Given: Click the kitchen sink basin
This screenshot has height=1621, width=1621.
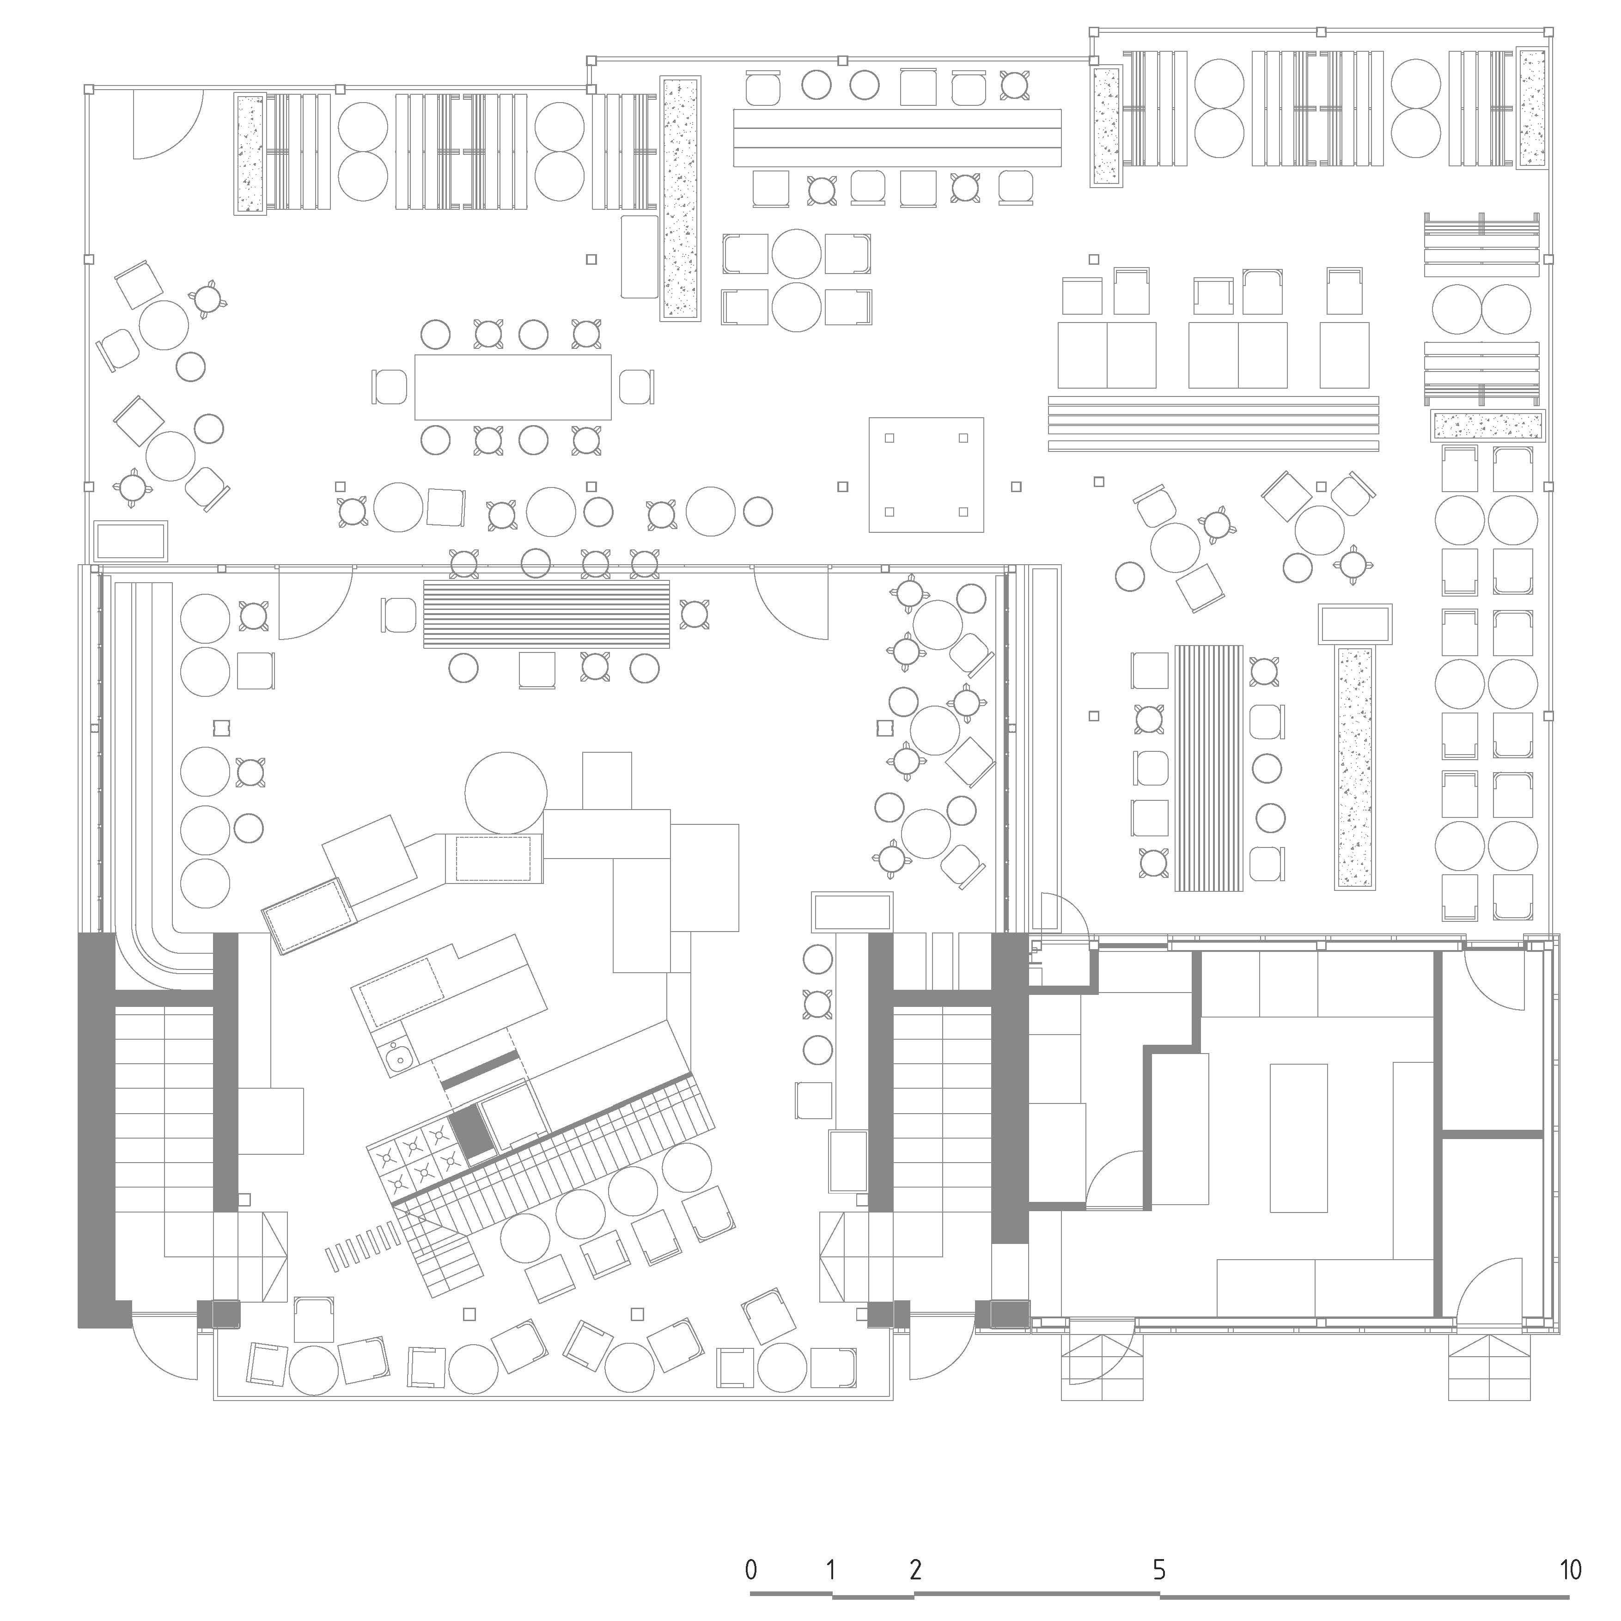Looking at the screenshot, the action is [x=399, y=1058].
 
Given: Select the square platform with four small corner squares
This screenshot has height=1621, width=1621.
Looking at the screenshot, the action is [x=926, y=475].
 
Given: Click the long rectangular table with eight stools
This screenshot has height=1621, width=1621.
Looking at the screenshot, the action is [x=512, y=387].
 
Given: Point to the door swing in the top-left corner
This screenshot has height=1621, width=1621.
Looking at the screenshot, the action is [x=168, y=125].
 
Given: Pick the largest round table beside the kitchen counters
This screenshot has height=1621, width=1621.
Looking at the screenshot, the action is [x=506, y=793].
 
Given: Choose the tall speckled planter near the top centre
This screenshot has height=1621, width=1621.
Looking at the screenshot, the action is [x=680, y=198].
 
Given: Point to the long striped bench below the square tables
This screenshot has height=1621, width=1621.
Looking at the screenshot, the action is [x=1213, y=424].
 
